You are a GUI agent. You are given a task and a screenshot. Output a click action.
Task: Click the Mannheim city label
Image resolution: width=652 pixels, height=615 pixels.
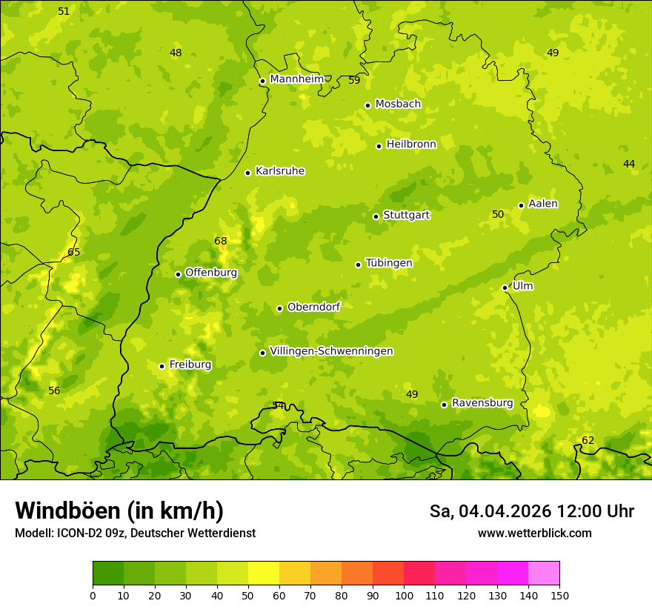pyautogui.click(x=296, y=79)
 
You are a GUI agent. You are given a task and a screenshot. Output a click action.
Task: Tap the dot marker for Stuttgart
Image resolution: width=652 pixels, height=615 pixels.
pyautogui.click(x=376, y=216)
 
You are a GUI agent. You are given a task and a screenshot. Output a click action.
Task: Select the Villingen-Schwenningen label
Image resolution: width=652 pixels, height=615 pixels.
pyautogui.click(x=331, y=351)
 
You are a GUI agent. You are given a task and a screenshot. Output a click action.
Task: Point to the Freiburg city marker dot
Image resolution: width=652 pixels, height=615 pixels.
pyautogui.click(x=162, y=366)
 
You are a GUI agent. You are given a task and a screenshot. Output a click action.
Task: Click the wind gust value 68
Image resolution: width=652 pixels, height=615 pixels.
pyautogui.click(x=221, y=241)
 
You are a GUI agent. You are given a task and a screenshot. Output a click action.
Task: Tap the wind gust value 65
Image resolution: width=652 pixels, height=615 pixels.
pyautogui.click(x=74, y=252)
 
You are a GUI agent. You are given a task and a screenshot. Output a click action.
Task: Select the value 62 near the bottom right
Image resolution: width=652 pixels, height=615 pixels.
pyautogui.click(x=588, y=440)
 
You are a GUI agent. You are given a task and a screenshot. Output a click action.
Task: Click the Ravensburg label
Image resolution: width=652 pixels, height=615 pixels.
pyautogui.click(x=482, y=403)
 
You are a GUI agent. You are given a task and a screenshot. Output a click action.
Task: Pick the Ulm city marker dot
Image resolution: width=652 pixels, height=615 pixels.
pyautogui.click(x=505, y=287)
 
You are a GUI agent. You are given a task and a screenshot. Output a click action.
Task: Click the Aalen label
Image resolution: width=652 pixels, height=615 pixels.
pyautogui.click(x=543, y=204)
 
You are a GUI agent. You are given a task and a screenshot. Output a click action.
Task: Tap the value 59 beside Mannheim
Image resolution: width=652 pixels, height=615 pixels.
pyautogui.click(x=354, y=80)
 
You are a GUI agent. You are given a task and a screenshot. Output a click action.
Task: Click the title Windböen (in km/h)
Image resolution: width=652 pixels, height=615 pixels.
pyautogui.click(x=119, y=511)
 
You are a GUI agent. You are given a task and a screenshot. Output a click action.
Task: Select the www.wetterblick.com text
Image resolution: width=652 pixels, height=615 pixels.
pyautogui.click(x=534, y=533)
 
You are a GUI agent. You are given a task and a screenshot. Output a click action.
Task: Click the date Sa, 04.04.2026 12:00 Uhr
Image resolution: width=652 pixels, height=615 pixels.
pyautogui.click(x=531, y=511)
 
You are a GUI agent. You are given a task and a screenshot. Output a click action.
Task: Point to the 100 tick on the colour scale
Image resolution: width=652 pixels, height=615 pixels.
pyautogui.click(x=404, y=595)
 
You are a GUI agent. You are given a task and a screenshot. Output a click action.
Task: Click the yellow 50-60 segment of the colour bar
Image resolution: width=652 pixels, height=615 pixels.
pyautogui.click(x=264, y=574)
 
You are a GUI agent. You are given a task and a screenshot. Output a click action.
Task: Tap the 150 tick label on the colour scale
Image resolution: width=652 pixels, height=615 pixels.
pyautogui.click(x=559, y=595)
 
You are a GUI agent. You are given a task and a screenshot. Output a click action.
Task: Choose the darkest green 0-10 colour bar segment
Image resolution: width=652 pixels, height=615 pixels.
pyautogui.click(x=108, y=574)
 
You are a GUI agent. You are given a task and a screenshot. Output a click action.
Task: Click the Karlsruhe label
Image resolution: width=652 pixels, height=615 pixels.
pyautogui.click(x=279, y=171)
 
